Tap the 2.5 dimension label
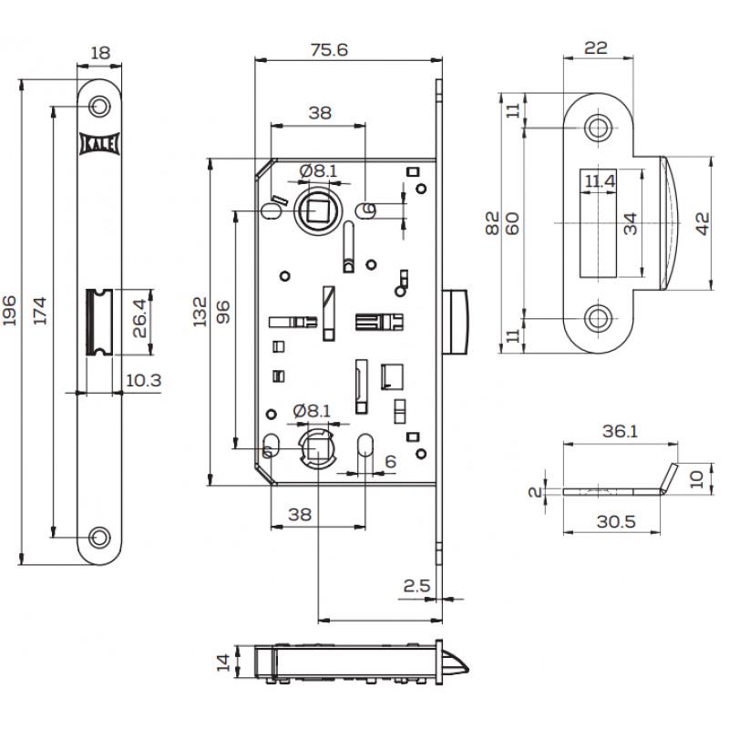tap(416, 585)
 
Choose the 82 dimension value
tap(492, 222)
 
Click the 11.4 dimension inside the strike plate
tap(599, 181)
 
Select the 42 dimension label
tap(703, 222)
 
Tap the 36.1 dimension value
tap(619, 432)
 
